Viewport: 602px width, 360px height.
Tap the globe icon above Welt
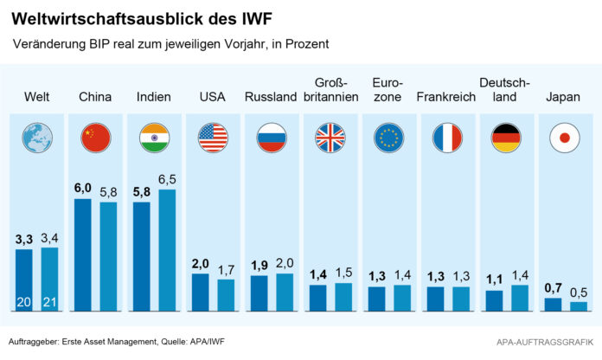click(38, 137)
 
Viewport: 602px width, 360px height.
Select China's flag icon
click(96, 137)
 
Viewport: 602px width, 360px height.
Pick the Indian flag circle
click(155, 137)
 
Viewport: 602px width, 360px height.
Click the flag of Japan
click(565, 137)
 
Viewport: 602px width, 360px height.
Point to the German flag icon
click(506, 137)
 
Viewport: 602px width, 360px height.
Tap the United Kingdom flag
click(330, 137)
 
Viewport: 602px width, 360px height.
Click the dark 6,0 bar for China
click(83, 255)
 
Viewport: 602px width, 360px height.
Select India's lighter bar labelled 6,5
click(168, 250)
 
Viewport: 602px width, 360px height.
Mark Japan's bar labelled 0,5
click(578, 306)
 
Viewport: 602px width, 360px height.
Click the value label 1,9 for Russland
click(259, 265)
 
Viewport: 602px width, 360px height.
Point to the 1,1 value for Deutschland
click(494, 280)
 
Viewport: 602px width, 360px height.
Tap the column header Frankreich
click(446, 97)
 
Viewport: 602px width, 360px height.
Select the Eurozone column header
click(388, 89)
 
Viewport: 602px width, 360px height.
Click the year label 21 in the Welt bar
click(49, 303)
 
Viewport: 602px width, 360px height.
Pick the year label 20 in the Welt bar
click(24, 303)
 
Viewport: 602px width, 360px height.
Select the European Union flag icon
click(388, 137)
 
